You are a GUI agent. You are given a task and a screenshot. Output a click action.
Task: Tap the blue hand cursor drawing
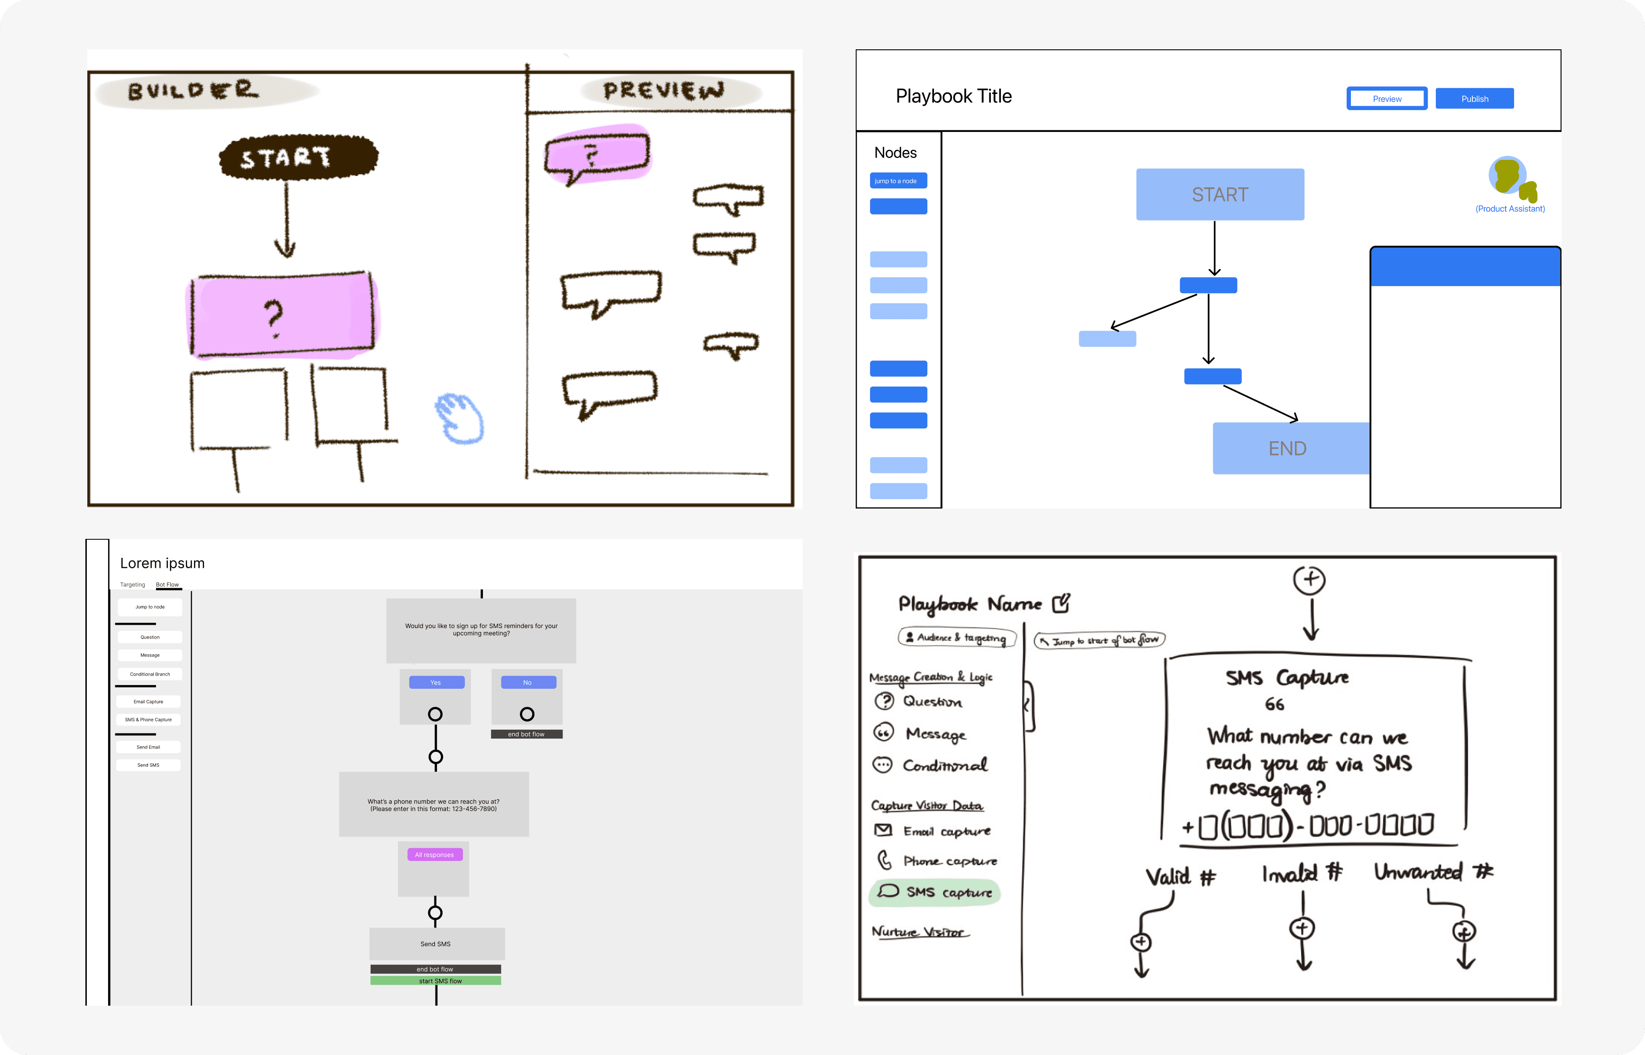pos(460,418)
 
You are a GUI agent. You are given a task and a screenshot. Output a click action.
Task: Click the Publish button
pos(1474,99)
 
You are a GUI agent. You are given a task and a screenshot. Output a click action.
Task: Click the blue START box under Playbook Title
pos(1219,194)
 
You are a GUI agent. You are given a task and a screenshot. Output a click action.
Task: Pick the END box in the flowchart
pos(1287,448)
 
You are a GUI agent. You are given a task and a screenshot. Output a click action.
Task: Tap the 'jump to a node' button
pos(898,181)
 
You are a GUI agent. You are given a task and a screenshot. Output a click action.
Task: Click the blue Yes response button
pos(436,682)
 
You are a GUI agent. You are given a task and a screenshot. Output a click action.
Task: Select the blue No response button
pos(528,682)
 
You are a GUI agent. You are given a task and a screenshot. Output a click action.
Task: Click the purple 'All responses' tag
pos(434,854)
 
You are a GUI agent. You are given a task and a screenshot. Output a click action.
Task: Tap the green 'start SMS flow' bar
pos(435,981)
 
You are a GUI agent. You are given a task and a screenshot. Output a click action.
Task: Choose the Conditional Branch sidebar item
pos(149,674)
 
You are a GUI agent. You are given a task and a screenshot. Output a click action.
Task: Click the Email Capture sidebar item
pos(148,702)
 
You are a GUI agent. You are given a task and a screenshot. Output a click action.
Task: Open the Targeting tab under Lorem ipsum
pos(133,584)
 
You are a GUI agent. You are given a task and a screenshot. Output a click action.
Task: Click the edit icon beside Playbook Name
pos(1061,603)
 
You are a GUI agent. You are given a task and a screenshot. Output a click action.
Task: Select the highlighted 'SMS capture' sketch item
pos(935,892)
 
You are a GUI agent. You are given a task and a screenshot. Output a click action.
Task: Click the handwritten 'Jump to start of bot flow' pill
pos(1099,640)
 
